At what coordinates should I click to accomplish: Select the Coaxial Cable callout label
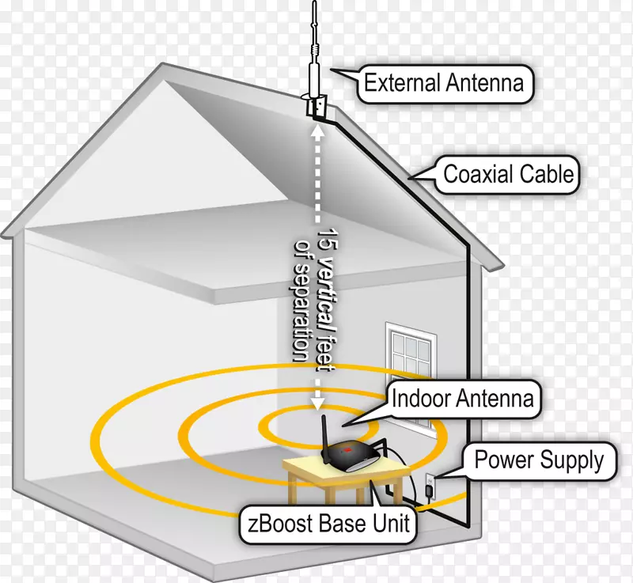(508, 173)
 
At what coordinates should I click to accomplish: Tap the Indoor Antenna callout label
(463, 399)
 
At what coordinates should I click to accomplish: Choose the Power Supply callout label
(539, 459)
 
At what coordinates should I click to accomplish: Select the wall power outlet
(430, 480)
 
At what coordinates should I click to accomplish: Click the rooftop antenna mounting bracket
(316, 105)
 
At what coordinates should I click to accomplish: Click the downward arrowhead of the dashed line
(316, 403)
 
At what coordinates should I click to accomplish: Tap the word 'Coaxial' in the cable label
(477, 173)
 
